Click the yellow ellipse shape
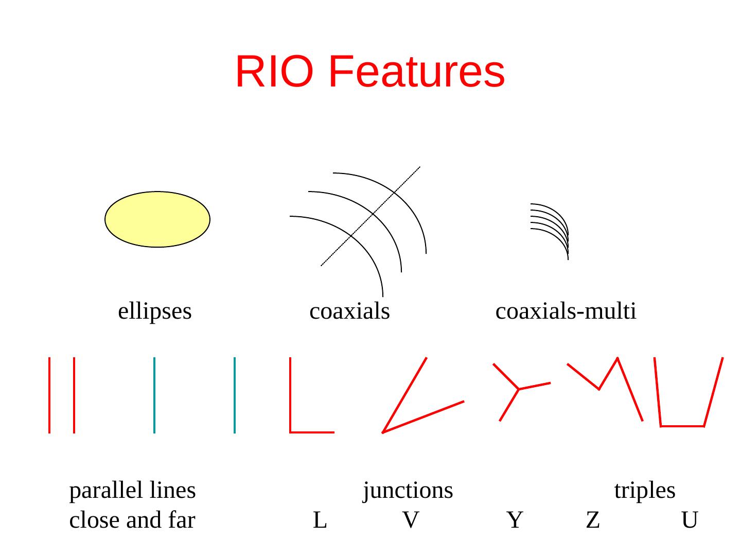(x=157, y=219)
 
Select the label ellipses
(x=155, y=311)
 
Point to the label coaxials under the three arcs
(x=349, y=311)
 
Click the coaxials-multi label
(x=566, y=311)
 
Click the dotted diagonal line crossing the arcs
(x=370, y=216)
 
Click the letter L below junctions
(x=320, y=520)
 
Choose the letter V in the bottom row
(x=410, y=520)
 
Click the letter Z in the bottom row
(x=593, y=520)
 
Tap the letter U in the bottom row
(x=689, y=520)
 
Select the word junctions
(x=408, y=491)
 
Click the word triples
(x=644, y=491)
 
